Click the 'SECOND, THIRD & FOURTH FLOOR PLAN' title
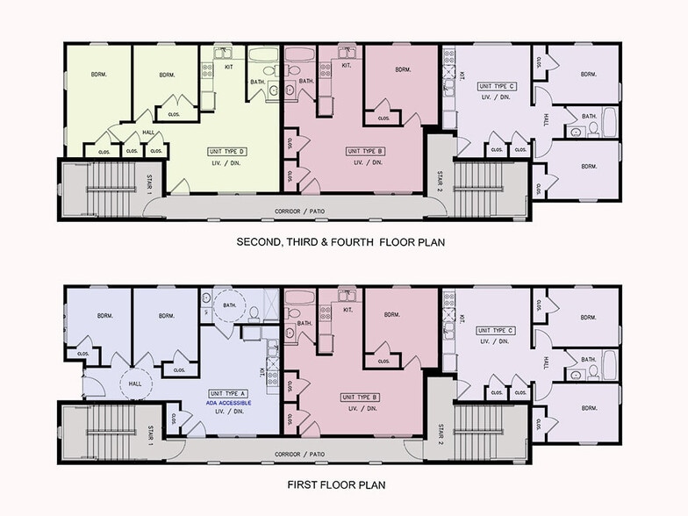tap(340, 241)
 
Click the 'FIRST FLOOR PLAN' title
tap(336, 484)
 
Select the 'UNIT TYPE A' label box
tap(227, 394)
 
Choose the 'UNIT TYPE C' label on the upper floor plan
tap(497, 86)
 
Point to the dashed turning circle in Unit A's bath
tap(231, 305)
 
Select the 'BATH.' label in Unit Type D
tap(257, 82)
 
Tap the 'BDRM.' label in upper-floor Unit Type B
tap(403, 70)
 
